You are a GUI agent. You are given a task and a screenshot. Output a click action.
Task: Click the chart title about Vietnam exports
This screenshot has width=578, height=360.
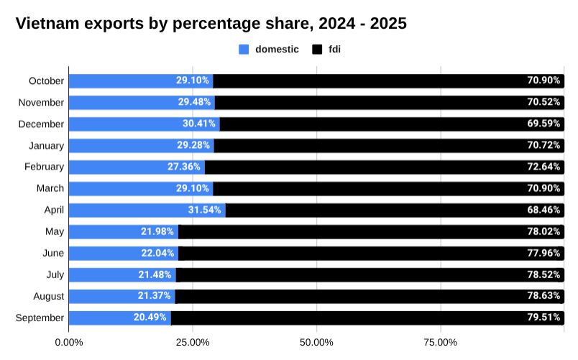click(x=211, y=24)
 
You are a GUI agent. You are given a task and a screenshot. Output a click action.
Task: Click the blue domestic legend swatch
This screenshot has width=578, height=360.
click(x=244, y=50)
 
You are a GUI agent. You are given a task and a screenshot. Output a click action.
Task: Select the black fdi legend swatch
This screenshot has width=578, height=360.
click(x=317, y=50)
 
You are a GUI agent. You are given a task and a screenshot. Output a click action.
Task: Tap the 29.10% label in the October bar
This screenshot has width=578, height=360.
click(x=193, y=81)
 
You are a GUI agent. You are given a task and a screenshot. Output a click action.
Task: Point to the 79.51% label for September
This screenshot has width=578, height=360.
click(x=543, y=318)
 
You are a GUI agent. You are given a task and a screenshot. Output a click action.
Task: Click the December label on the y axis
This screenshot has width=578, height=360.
click(x=41, y=124)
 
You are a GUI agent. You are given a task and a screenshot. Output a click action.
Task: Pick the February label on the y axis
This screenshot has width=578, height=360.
click(x=43, y=167)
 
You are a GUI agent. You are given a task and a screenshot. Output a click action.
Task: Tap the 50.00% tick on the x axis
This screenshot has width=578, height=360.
click(x=316, y=342)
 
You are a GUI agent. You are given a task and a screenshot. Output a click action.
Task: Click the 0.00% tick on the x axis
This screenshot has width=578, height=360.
click(x=69, y=342)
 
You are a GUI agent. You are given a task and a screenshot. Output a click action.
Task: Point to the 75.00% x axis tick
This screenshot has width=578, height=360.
click(x=441, y=342)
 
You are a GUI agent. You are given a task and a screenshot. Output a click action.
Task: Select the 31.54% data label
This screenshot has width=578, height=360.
click(x=204, y=211)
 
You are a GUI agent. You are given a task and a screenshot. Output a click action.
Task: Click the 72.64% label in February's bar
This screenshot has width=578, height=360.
click(x=543, y=167)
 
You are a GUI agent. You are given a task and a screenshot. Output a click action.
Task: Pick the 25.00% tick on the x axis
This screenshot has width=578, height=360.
click(x=193, y=342)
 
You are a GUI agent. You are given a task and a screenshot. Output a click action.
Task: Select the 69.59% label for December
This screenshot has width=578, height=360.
click(x=543, y=124)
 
